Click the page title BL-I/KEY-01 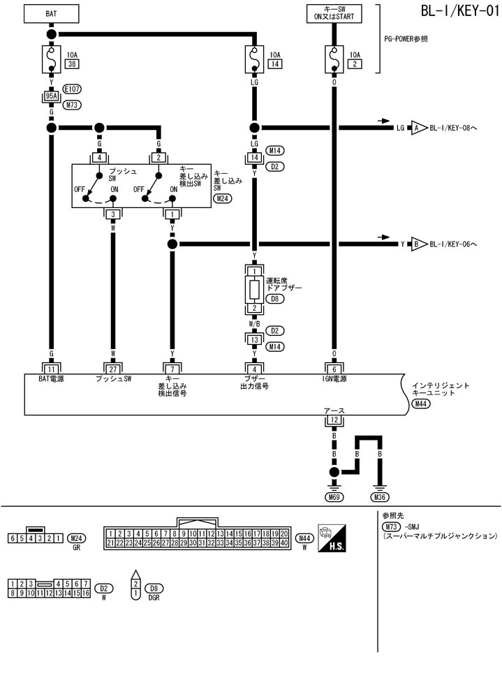pyautogui.click(x=459, y=12)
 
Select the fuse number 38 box pyautogui.click(x=71, y=64)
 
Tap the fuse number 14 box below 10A pyautogui.click(x=275, y=64)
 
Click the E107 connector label pyautogui.click(x=72, y=89)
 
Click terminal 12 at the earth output pyautogui.click(x=334, y=420)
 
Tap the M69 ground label pyautogui.click(x=334, y=497)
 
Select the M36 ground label pyautogui.click(x=381, y=497)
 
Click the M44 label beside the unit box pyautogui.click(x=421, y=404)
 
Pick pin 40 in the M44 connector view pyautogui.click(x=284, y=542)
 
